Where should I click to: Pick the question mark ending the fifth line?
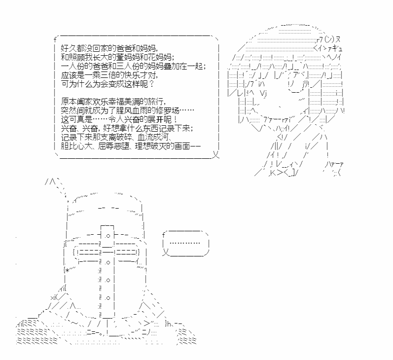click(151, 84)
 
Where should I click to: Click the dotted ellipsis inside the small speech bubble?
click(185, 243)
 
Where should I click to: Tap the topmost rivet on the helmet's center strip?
click(108, 236)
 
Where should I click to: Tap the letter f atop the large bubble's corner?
click(55, 39)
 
